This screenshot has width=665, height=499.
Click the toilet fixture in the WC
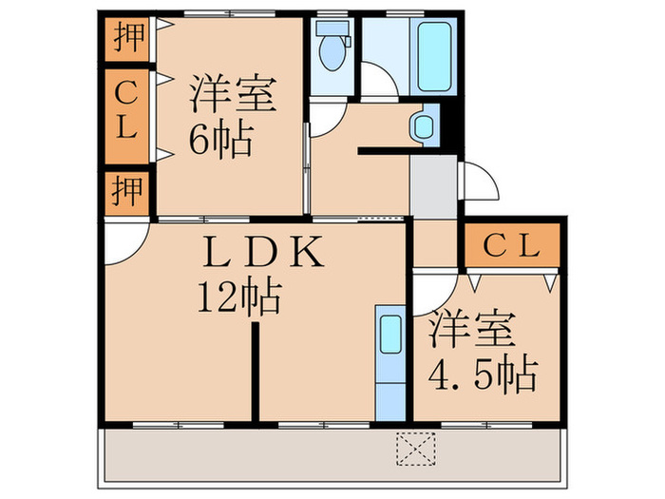332,51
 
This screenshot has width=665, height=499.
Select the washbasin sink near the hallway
422,125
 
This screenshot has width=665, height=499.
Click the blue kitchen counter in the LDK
389,362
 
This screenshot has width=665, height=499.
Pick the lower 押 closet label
127,193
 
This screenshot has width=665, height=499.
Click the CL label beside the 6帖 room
127,111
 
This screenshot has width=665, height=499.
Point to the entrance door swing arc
480,181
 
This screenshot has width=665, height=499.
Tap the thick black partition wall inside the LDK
256,372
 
